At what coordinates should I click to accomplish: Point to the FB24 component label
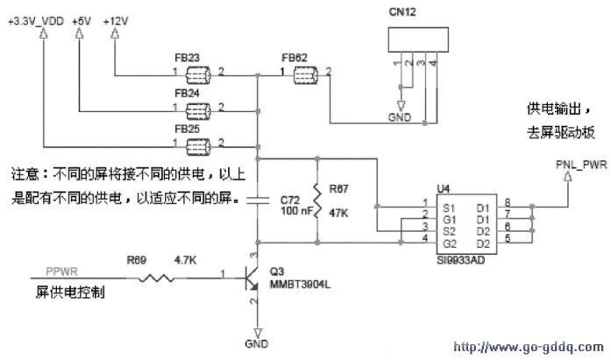[187, 92]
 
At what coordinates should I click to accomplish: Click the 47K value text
[338, 211]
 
